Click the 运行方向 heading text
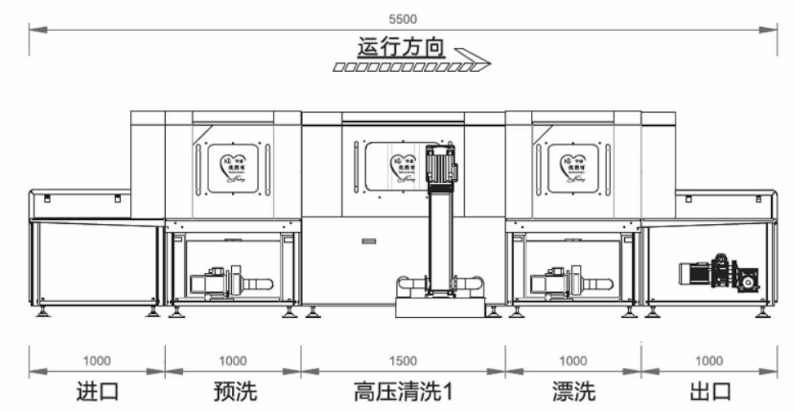(x=401, y=47)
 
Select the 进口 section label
(x=97, y=392)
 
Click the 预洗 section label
(x=233, y=392)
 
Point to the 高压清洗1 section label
(x=403, y=392)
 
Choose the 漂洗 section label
(x=573, y=392)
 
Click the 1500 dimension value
(x=403, y=360)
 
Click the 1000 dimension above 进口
(x=97, y=360)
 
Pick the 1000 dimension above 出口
(x=708, y=360)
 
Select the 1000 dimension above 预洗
(x=233, y=360)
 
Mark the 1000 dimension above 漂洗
(x=573, y=360)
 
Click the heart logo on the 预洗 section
(x=234, y=168)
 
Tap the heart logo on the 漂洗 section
(x=573, y=168)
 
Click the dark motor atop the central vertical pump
(x=443, y=163)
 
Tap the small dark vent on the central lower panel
(x=368, y=242)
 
